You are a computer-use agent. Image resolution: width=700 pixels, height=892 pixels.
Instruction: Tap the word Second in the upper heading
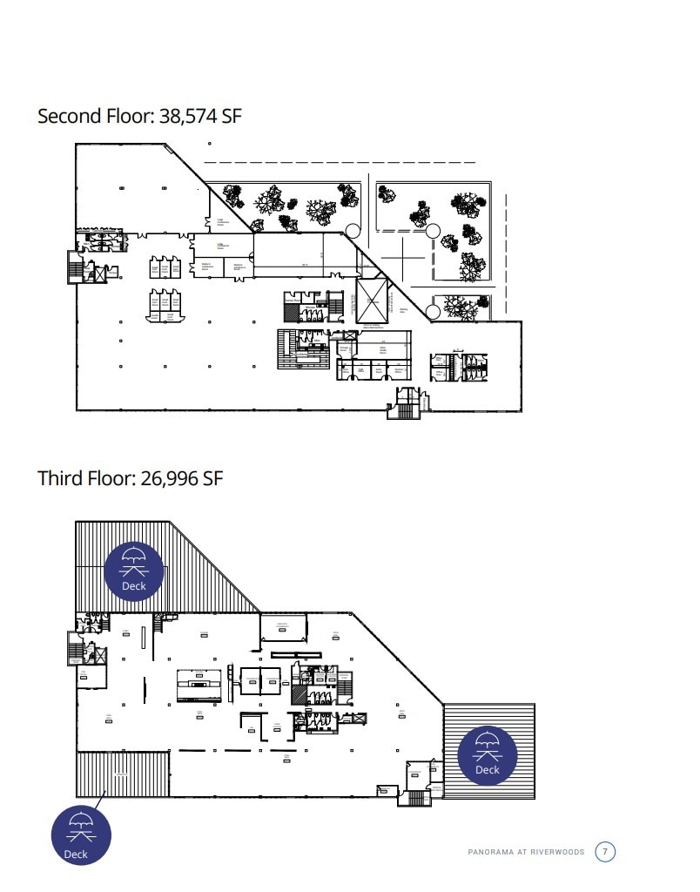[x=70, y=117]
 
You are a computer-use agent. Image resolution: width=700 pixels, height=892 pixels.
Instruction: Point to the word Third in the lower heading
[x=61, y=478]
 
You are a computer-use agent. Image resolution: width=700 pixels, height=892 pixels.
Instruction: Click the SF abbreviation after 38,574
[x=231, y=117]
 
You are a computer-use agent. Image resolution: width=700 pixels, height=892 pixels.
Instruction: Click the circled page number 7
[x=605, y=851]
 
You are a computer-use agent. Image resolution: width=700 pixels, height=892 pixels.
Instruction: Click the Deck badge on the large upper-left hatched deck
[x=133, y=571]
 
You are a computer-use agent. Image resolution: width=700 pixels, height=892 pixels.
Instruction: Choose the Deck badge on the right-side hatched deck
[x=488, y=754]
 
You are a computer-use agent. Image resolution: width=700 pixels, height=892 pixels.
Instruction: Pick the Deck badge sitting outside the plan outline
[x=81, y=835]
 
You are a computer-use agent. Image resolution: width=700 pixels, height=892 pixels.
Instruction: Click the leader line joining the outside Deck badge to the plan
[x=102, y=794]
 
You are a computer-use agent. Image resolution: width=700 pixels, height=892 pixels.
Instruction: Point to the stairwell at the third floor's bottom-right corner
[x=419, y=796]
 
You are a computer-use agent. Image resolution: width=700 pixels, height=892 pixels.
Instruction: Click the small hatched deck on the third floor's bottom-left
[x=122, y=774]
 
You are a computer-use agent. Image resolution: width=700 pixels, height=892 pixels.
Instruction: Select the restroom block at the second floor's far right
[x=458, y=367]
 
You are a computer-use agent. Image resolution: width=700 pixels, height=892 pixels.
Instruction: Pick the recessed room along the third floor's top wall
[x=284, y=627]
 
